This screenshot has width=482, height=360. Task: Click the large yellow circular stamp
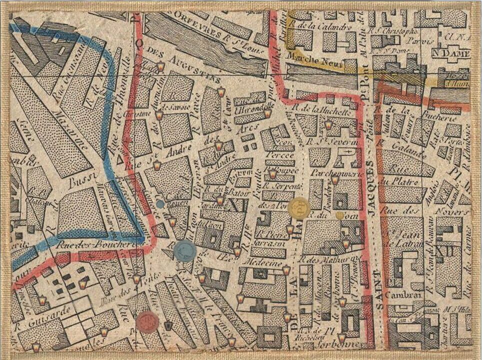[x=299, y=208]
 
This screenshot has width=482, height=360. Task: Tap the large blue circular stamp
[x=185, y=250]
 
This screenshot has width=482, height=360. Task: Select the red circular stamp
[x=147, y=321]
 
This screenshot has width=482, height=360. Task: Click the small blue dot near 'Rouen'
[x=160, y=203]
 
